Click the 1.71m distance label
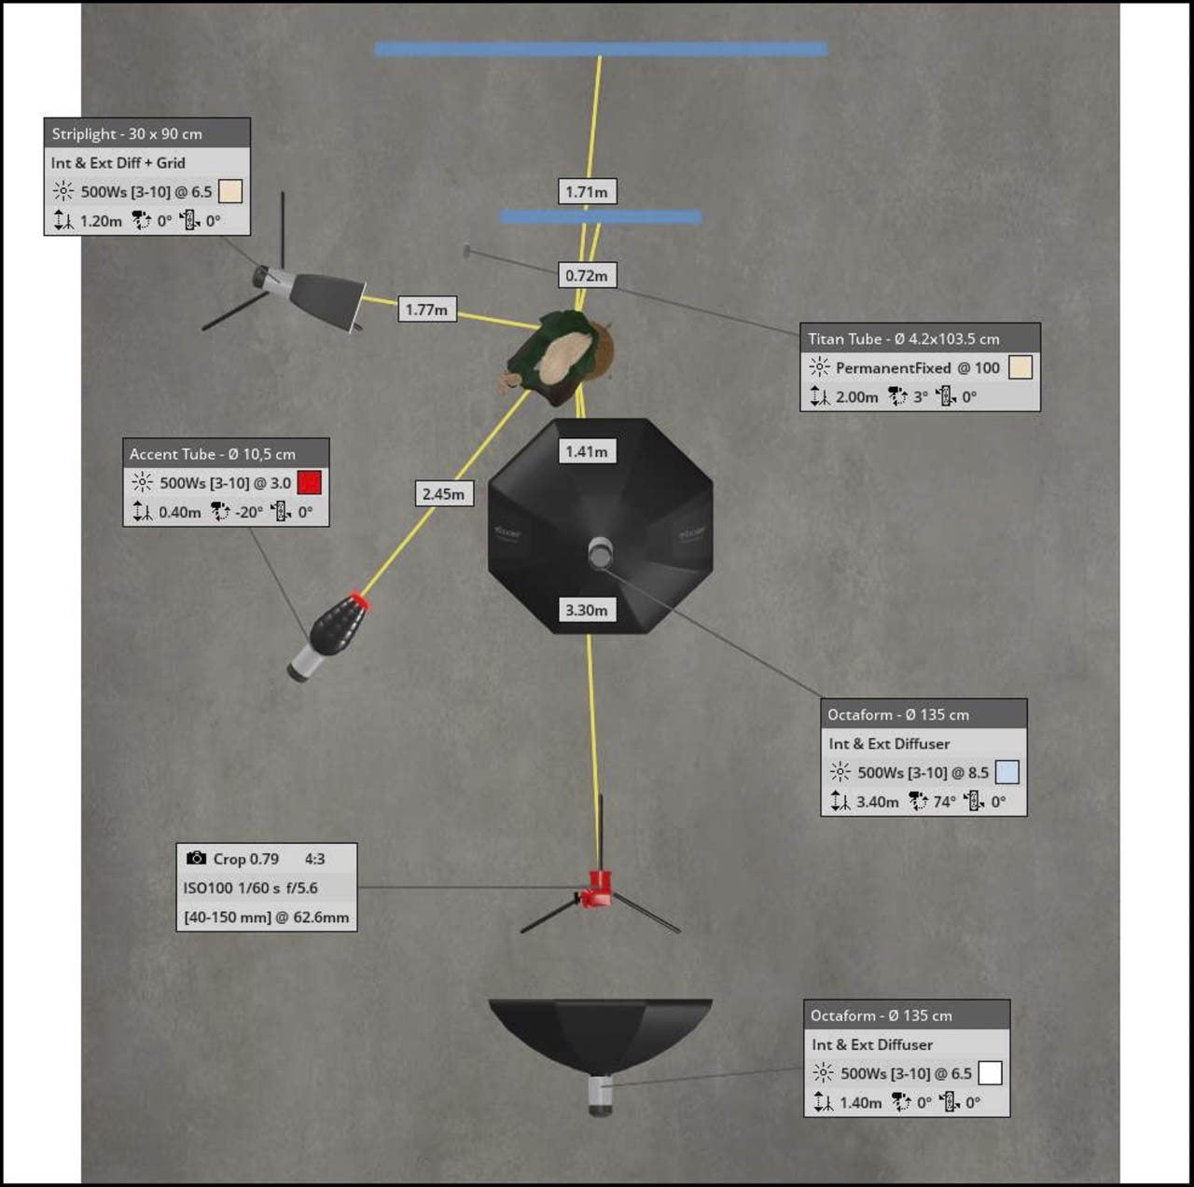point(586,192)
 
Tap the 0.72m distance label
point(586,275)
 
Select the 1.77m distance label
point(426,310)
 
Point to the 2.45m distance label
point(443,493)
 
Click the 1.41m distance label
point(586,451)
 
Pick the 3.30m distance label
point(586,610)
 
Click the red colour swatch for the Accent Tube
point(309,482)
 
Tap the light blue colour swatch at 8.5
point(1007,772)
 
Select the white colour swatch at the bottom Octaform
point(990,1073)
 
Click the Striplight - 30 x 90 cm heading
point(127,133)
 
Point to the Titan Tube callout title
point(903,338)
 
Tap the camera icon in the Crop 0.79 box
point(196,858)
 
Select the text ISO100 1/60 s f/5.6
point(250,888)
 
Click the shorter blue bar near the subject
point(600,216)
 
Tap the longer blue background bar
point(601,48)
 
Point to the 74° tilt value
point(944,801)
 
